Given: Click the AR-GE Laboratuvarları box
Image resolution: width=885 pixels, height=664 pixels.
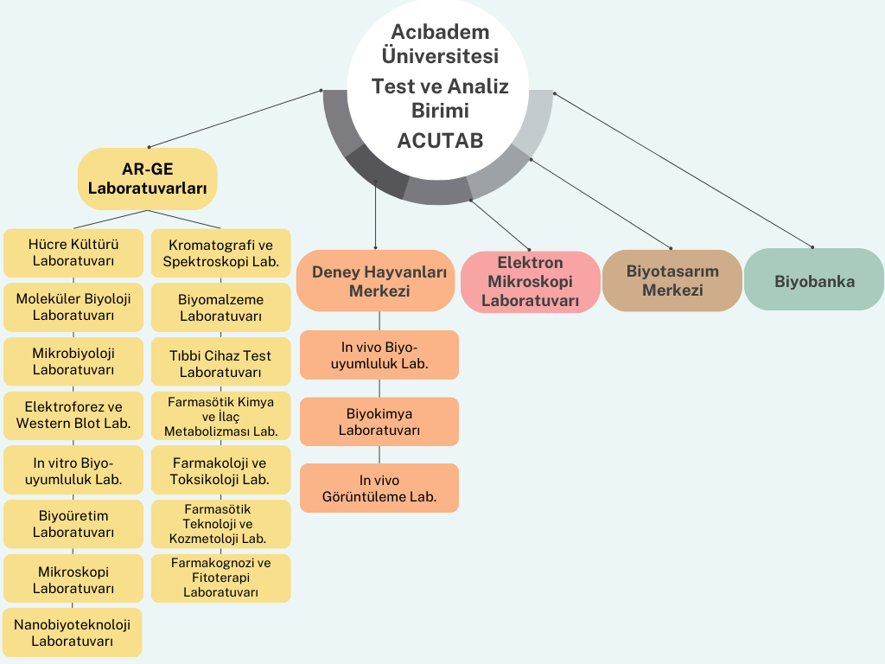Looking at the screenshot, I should (x=147, y=179).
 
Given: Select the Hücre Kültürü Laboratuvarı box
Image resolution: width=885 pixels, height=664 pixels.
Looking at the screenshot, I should (x=73, y=252).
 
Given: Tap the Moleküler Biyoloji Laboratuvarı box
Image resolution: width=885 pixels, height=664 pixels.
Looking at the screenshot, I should (x=73, y=307).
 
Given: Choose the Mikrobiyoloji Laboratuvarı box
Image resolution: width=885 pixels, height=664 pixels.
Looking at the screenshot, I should (x=73, y=361).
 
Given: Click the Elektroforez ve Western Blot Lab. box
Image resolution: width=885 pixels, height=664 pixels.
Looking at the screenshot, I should (x=73, y=415).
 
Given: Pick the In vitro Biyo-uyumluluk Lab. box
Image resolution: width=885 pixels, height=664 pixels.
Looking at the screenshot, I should (x=73, y=469).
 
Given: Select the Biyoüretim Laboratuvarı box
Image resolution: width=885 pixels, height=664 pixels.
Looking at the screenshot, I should (x=73, y=524).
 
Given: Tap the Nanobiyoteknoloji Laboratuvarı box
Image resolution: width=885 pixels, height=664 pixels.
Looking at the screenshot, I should (x=73, y=633).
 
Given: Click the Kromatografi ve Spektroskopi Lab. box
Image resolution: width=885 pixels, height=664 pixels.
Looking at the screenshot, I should (x=220, y=253).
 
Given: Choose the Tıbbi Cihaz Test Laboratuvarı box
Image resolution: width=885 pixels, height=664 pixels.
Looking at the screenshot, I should (x=220, y=363).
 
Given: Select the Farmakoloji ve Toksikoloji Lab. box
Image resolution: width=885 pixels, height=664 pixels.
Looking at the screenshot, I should (x=220, y=470).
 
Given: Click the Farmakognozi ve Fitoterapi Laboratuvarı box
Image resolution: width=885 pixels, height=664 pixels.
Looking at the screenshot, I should (x=220, y=578).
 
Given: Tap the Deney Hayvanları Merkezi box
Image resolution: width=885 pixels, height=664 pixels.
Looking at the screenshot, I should (x=379, y=281).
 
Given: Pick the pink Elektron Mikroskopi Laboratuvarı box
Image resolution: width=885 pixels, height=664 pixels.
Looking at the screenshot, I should (x=530, y=282).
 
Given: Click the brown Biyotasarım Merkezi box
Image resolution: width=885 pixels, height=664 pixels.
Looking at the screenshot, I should (x=672, y=280).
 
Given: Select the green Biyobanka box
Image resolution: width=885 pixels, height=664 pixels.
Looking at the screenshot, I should (x=814, y=280).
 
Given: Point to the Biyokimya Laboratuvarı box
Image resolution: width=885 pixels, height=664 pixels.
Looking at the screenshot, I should (x=379, y=422).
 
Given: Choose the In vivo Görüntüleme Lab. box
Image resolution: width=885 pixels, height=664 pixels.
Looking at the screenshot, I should (x=379, y=488).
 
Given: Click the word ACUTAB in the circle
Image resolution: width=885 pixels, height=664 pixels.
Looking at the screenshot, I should (x=440, y=140).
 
